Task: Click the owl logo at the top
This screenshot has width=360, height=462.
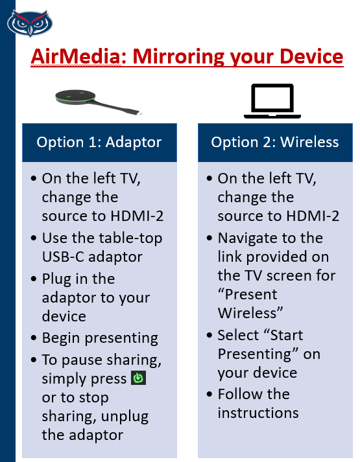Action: [30, 23]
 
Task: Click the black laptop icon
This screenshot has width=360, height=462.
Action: [272, 101]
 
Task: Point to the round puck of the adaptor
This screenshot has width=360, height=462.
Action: [75, 97]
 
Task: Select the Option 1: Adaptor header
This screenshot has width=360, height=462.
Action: [99, 143]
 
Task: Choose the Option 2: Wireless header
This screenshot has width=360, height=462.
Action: [275, 143]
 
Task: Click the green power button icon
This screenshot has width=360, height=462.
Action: [138, 378]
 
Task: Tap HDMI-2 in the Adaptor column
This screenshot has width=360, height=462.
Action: [137, 216]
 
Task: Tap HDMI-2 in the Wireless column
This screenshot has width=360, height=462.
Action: [313, 216]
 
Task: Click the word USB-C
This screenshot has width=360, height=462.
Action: [63, 257]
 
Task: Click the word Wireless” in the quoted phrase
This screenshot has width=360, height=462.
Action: [250, 313]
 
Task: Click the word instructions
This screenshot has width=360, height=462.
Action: [258, 413]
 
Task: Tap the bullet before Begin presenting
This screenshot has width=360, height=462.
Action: [34, 338]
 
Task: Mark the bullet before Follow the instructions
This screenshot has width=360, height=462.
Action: [210, 394]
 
